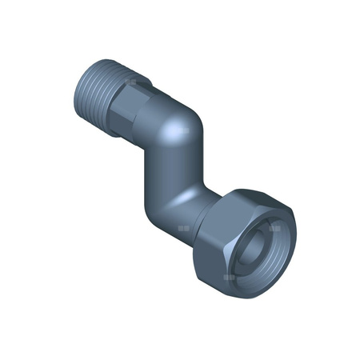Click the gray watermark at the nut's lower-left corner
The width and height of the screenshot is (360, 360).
pyautogui.click(x=230, y=277)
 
